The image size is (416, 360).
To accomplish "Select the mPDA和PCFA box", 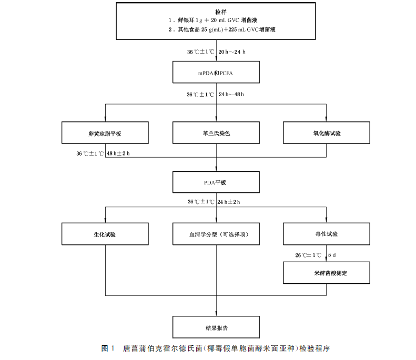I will (x=216, y=73).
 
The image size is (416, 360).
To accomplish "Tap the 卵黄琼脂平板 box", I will (x=105, y=133).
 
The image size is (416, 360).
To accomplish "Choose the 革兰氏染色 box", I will (x=216, y=133).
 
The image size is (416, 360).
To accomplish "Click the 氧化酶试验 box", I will (x=327, y=133).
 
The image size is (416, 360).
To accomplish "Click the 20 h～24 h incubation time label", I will (x=232, y=52).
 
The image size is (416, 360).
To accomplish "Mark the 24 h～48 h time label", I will (x=231, y=95).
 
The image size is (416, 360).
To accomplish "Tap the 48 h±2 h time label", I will (x=118, y=153).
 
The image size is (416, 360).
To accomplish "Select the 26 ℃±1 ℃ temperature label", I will (x=308, y=255).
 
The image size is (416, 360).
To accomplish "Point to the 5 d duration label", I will (x=332, y=255).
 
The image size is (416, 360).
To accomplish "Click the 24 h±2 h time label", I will (x=232, y=202).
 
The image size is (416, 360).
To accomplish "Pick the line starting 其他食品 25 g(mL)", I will (x=221, y=30).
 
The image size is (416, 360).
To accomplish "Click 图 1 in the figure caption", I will (x=108, y=348).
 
